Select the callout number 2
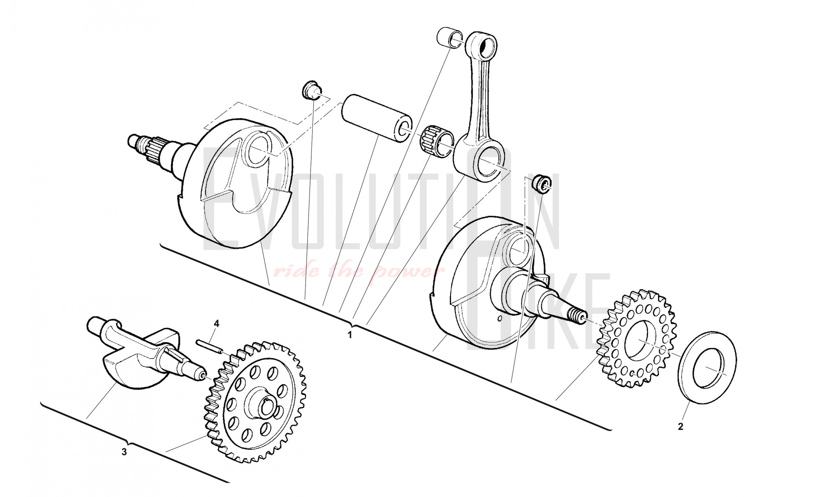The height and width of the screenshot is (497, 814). [x=680, y=427]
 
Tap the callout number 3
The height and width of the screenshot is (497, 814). [x=125, y=452]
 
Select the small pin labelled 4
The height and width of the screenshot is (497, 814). [x=209, y=345]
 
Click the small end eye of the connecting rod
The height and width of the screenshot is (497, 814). [x=486, y=46]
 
